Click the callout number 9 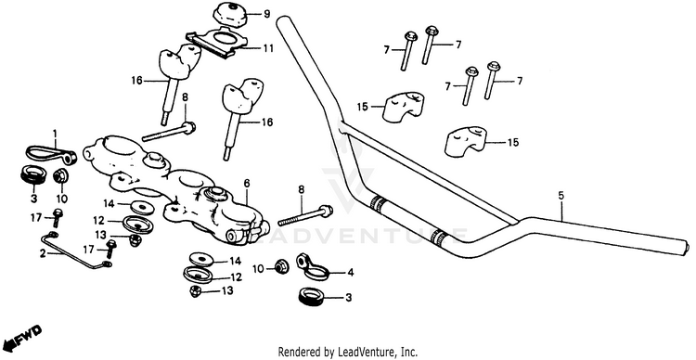(x=266, y=14)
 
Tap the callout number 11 (x=268, y=46)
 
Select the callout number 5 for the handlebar (x=561, y=195)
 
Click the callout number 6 (x=247, y=183)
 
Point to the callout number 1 (x=55, y=134)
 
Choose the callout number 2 (x=43, y=254)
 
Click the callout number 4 (x=350, y=273)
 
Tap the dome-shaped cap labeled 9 (x=230, y=16)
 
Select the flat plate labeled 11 (x=217, y=43)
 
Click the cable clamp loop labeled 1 (x=50, y=154)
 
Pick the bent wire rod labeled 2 (x=74, y=251)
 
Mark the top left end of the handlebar (x=283, y=22)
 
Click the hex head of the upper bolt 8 (x=189, y=128)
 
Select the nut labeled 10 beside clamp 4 (x=280, y=267)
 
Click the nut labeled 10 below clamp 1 (x=59, y=176)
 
